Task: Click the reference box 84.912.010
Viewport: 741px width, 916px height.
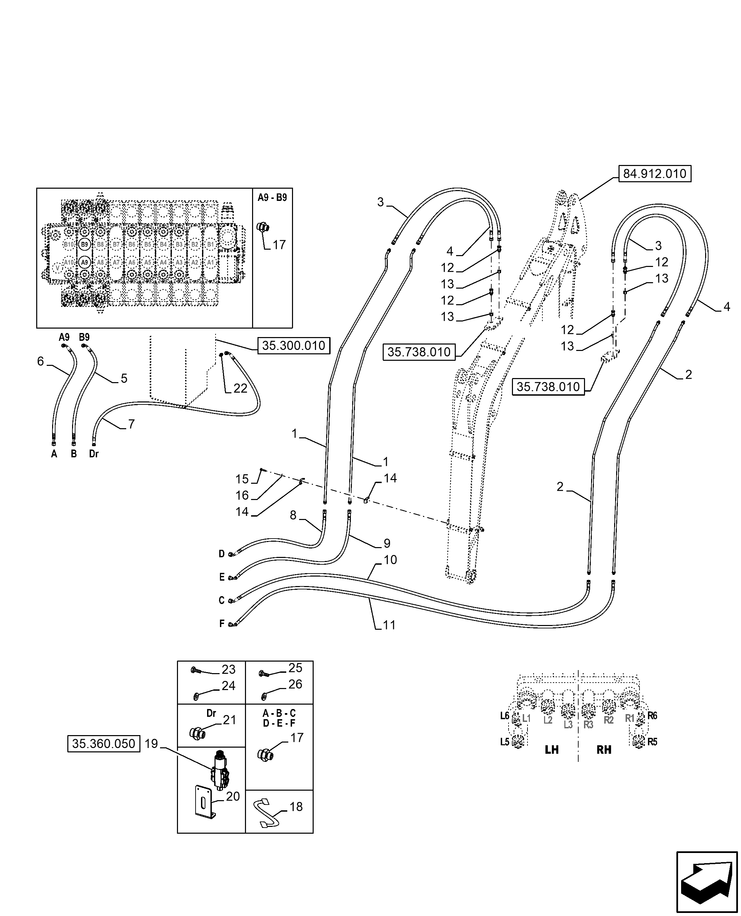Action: [654, 174]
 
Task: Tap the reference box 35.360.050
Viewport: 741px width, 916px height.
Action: [104, 756]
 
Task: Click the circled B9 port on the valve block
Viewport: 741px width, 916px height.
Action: [85, 244]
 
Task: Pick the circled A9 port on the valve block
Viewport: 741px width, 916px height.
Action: [85, 262]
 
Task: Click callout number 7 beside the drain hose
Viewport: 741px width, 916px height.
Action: [132, 424]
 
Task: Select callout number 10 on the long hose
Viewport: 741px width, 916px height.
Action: [390, 560]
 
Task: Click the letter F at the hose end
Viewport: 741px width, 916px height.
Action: [222, 624]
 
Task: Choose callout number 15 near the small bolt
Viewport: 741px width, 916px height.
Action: [242, 479]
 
